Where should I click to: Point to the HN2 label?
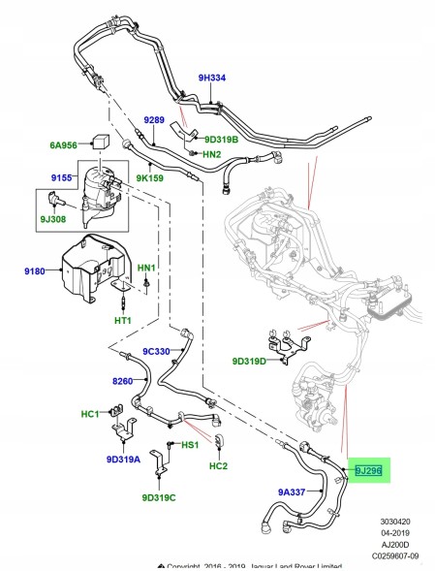click(211, 155)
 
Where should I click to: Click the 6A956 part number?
click(65, 146)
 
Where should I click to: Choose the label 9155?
click(63, 177)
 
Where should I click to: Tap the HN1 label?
click(146, 266)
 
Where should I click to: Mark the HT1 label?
click(123, 321)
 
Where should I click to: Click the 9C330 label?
click(157, 350)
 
